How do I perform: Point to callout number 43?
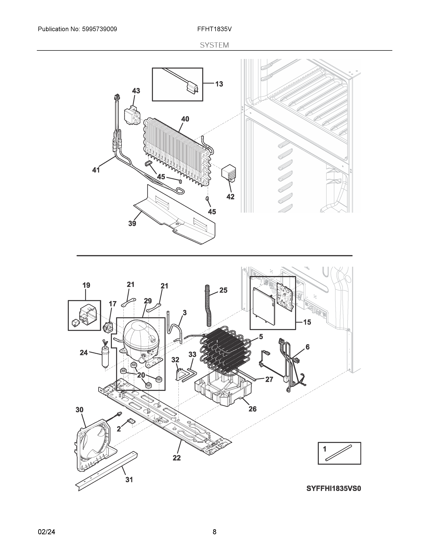[136, 91]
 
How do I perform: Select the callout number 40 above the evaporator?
[185, 119]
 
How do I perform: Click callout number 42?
[230, 196]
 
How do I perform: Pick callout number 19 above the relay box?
[86, 285]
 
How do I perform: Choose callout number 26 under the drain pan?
[252, 409]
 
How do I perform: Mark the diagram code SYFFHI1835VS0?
[333, 489]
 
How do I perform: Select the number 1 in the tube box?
[324, 449]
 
